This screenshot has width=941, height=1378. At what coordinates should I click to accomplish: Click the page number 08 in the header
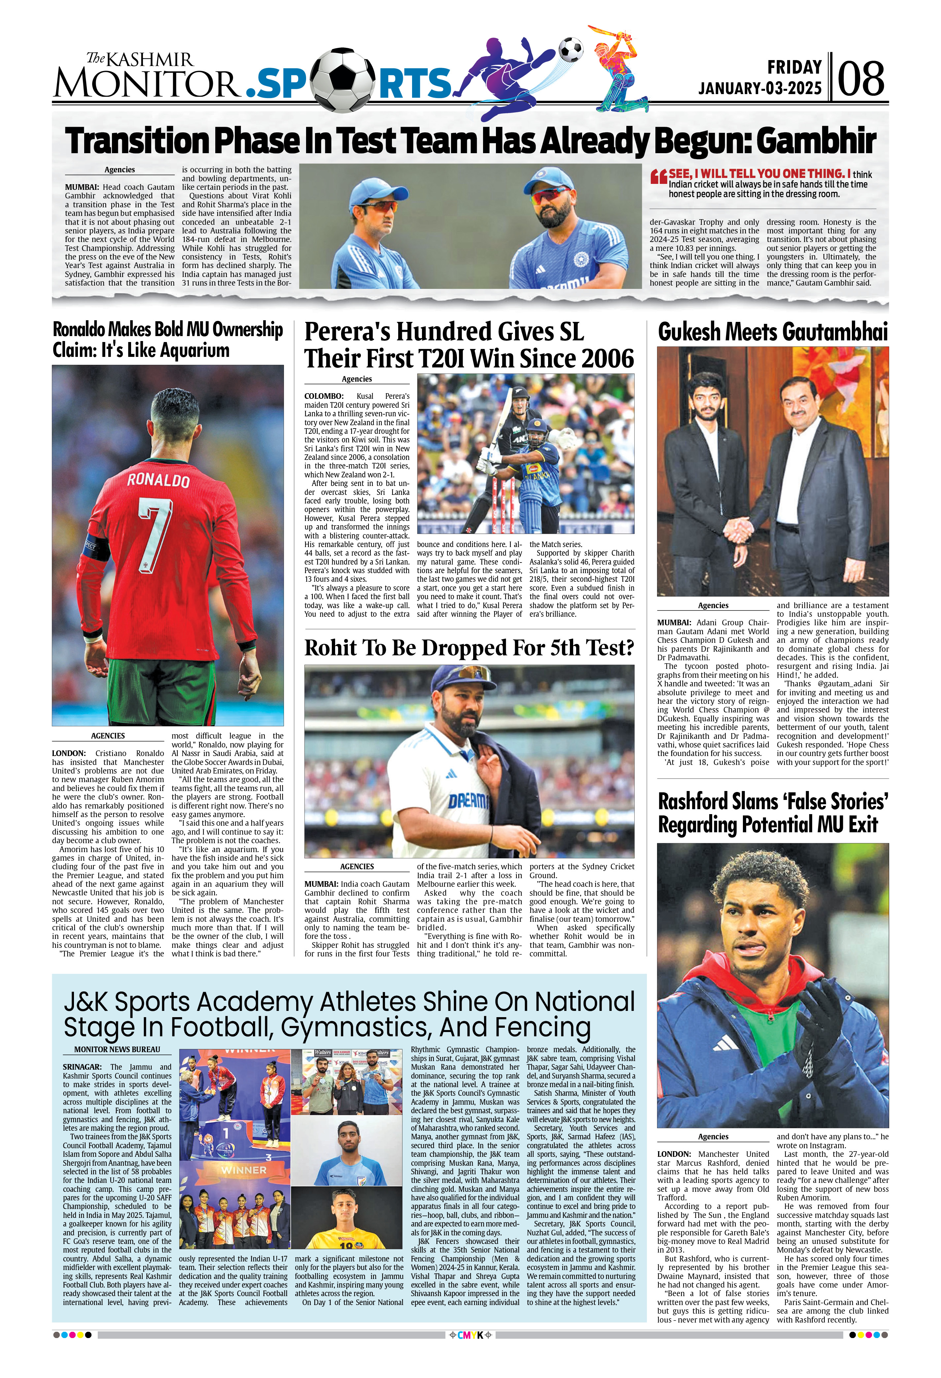pyautogui.click(x=861, y=79)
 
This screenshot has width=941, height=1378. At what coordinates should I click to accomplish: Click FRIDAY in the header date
pyautogui.click(x=794, y=67)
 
